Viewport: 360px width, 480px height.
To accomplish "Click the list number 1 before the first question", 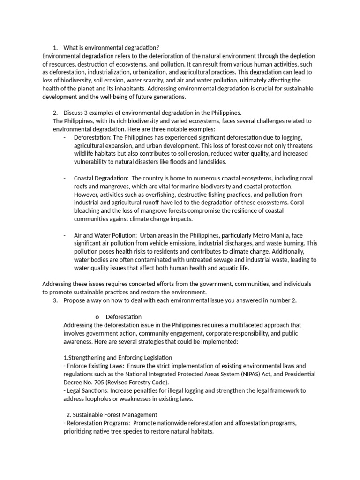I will tap(55, 48).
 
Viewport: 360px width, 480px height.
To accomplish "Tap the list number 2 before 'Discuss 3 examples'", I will tap(55, 112).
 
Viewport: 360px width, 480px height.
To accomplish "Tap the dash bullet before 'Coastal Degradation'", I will tap(64, 178).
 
